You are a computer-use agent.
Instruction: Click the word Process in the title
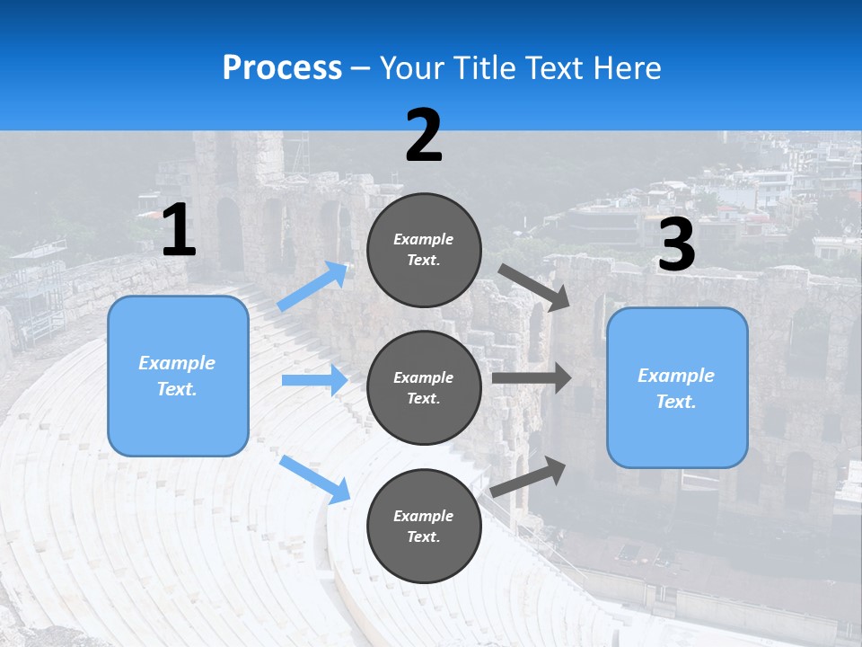(282, 68)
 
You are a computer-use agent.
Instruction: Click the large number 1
(180, 229)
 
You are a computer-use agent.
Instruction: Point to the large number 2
(424, 135)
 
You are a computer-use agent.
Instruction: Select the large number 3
(677, 244)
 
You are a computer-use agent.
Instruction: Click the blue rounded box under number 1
(178, 377)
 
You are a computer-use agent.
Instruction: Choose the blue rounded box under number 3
(677, 388)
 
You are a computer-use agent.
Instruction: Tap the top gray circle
(424, 250)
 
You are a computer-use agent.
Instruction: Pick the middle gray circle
(424, 388)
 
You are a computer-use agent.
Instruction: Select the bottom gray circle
(424, 526)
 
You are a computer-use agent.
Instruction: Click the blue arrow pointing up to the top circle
(312, 286)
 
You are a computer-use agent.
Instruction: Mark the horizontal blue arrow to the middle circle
(314, 380)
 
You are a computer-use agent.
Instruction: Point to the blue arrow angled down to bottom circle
(314, 480)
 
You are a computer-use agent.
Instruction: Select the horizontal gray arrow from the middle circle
(532, 378)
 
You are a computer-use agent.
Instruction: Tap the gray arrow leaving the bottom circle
(528, 477)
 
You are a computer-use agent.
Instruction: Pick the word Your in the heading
(412, 68)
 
